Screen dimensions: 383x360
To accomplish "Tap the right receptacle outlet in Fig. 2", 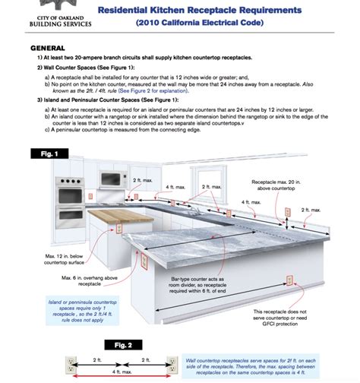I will (x=172, y=366).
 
